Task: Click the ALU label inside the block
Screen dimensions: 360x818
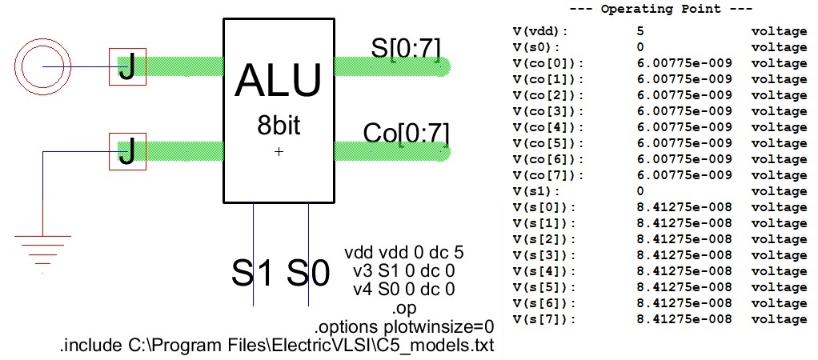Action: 279,82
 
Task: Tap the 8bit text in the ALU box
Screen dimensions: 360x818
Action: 279,126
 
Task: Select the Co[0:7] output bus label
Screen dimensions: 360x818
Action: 407,132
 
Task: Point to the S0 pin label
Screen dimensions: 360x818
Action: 308,273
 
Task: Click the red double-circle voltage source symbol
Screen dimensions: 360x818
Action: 42,66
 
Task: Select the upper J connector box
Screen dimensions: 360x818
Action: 127,67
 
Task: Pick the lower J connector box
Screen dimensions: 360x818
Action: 127,151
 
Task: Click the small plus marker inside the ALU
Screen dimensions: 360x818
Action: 279,151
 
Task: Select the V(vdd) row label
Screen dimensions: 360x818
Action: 539,31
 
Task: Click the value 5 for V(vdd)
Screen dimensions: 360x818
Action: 641,31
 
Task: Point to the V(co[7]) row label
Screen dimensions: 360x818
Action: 548,175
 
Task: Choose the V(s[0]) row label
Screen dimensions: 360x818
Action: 544,207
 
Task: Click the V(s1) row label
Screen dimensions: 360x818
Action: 536,191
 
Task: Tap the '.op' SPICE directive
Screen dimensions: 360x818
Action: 404,308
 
